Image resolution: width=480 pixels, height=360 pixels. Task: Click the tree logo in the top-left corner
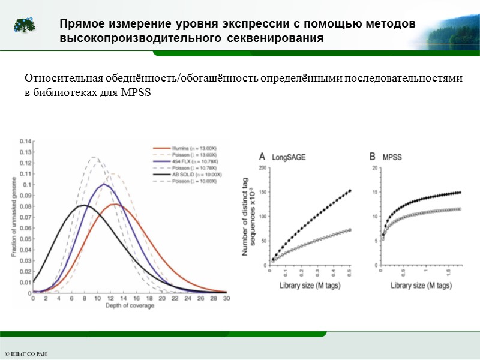tap(25, 25)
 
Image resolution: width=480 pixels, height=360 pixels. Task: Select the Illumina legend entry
tap(178, 146)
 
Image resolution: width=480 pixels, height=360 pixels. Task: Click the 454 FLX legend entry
tap(179, 161)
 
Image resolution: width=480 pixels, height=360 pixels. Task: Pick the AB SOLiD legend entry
tap(180, 175)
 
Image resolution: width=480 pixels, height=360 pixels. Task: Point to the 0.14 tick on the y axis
tap(25, 141)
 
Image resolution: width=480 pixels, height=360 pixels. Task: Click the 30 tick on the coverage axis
tap(226, 299)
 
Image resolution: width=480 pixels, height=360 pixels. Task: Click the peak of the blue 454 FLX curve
tap(104, 184)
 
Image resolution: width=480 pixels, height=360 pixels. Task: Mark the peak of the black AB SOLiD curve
tap(84, 206)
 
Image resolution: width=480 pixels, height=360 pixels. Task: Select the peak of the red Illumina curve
tap(116, 205)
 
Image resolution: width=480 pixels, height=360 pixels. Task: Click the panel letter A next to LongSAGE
tap(262, 157)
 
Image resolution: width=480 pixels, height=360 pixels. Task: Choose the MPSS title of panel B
tap(394, 158)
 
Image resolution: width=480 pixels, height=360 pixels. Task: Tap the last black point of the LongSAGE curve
tap(350, 191)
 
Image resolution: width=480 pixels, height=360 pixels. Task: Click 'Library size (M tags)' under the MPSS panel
tap(422, 286)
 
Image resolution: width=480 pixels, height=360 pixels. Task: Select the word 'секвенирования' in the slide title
tap(272, 38)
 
